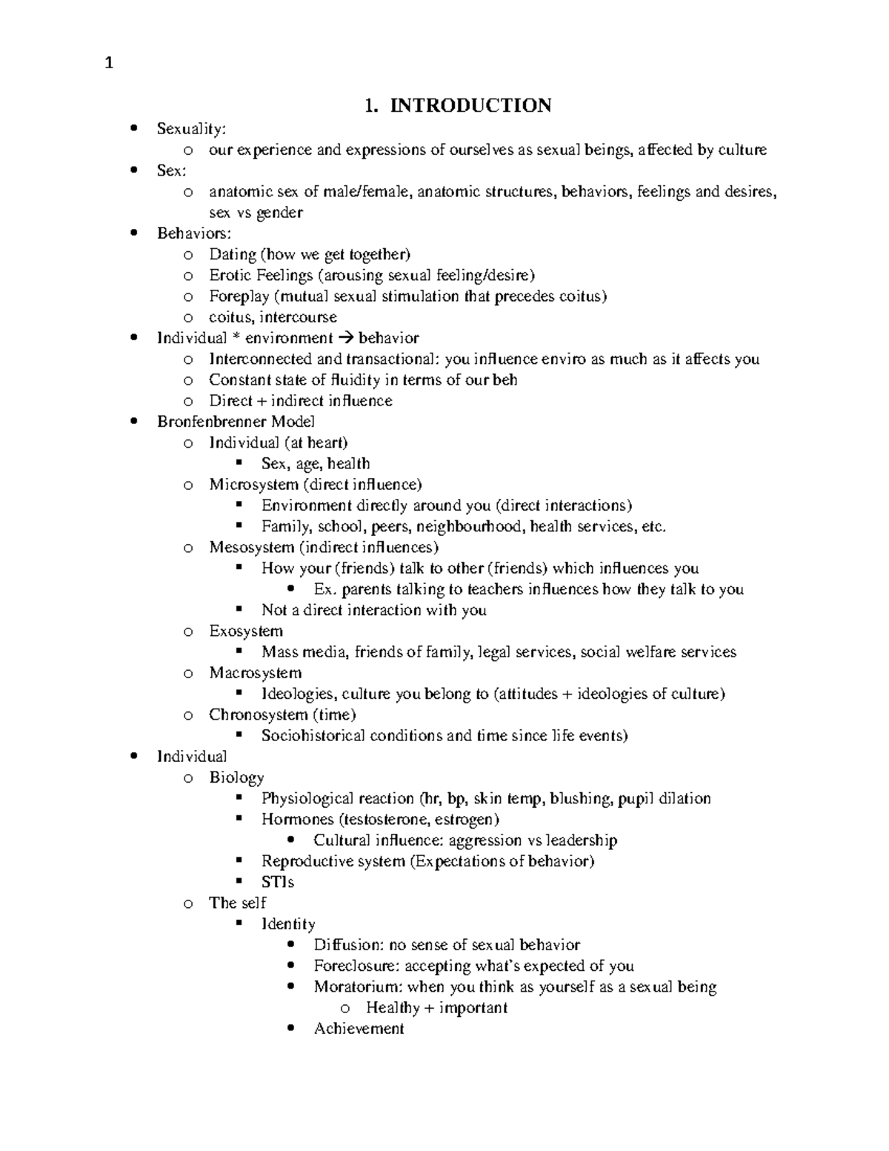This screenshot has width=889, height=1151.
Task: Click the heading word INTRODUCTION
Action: coord(470,106)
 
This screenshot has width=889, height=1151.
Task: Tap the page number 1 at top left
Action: coord(109,64)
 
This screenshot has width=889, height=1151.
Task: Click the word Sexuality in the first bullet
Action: coord(189,129)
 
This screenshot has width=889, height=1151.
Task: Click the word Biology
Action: coord(236,777)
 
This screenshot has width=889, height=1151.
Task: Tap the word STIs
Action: coord(278,882)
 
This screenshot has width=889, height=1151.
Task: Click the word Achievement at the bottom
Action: coord(359,1029)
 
